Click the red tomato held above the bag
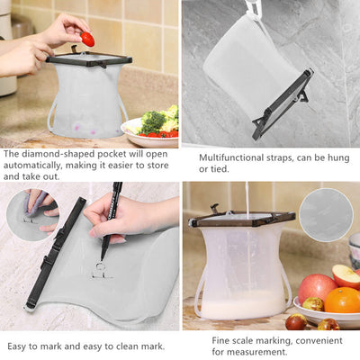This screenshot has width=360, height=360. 87,38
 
